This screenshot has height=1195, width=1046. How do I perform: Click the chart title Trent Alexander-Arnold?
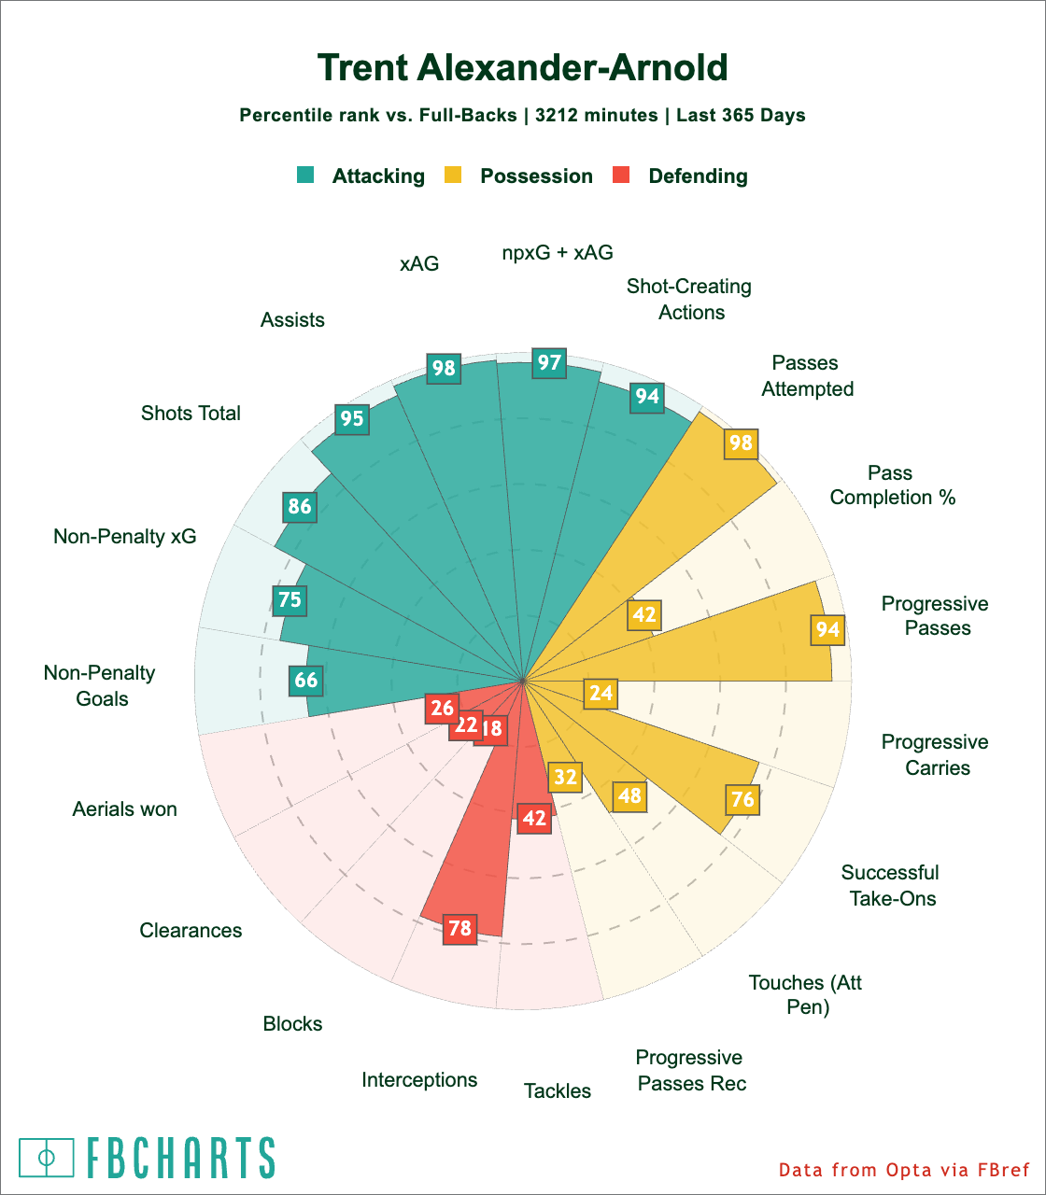pos(522,68)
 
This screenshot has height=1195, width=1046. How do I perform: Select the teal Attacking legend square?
pos(305,175)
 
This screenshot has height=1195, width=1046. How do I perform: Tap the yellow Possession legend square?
pos(453,175)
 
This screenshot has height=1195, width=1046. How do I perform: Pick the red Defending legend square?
pos(621,175)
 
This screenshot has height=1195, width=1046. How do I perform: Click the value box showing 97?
pos(549,362)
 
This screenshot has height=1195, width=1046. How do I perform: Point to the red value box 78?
pos(459,929)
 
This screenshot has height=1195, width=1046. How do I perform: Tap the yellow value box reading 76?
pos(742,799)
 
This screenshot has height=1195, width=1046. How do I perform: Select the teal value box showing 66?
pos(306,680)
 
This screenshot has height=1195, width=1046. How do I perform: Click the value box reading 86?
pos(300,507)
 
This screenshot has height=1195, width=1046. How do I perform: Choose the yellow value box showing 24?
pos(601,693)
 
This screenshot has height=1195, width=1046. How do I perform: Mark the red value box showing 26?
pos(442,709)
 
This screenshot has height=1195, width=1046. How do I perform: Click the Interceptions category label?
pos(419,1080)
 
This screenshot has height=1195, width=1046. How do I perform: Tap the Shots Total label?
pos(191,414)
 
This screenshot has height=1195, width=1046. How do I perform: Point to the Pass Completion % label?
pos(892,485)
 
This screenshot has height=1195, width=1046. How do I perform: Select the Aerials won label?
pos(124,809)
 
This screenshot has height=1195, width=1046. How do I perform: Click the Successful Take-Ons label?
pos(890,886)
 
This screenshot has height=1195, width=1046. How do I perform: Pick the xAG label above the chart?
pos(419,264)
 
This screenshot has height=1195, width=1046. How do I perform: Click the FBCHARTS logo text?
pos(180,1158)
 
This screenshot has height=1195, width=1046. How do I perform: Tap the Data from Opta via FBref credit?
pos(903,1170)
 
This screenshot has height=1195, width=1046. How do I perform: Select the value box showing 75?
pos(290,598)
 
